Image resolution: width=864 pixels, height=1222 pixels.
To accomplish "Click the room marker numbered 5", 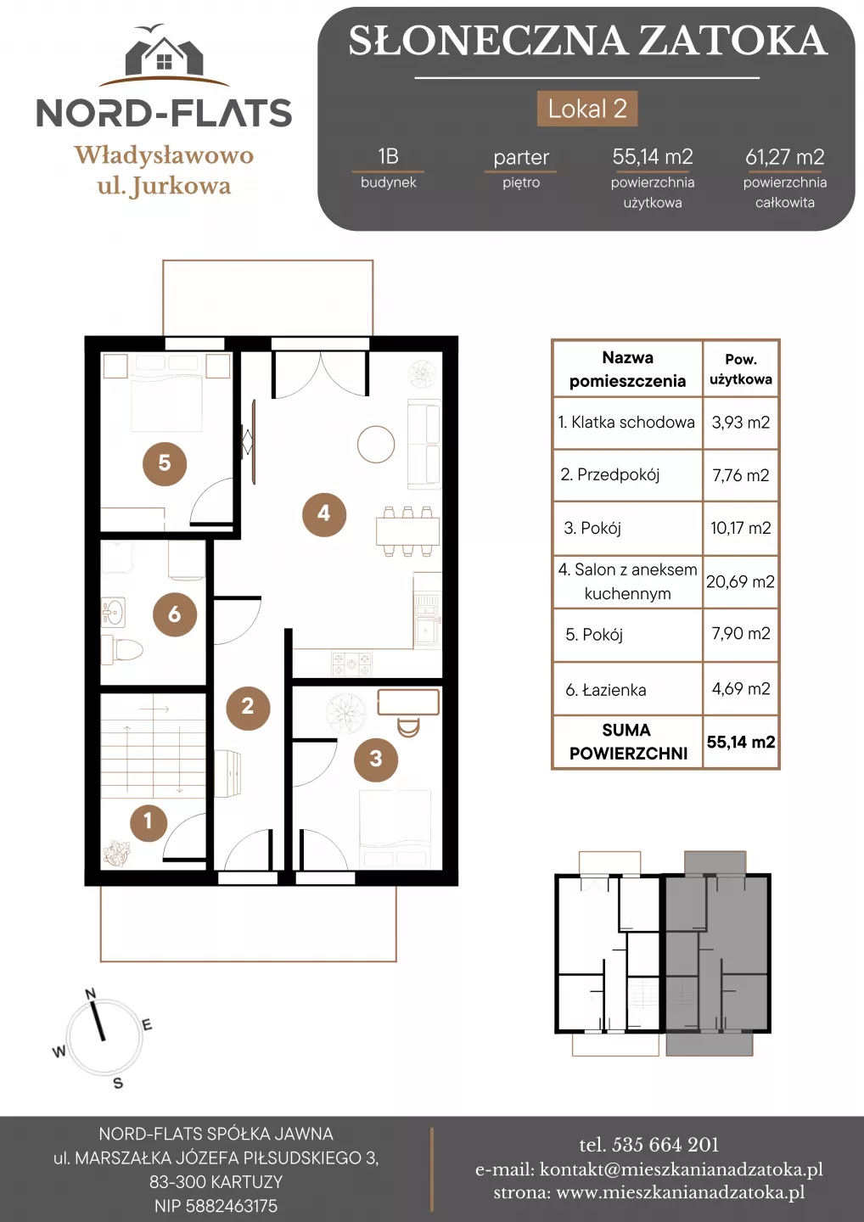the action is pyautogui.click(x=164, y=463).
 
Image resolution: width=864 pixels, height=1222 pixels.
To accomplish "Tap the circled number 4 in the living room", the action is pyautogui.click(x=324, y=514).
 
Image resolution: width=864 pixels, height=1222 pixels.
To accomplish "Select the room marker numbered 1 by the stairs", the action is pyautogui.click(x=149, y=822).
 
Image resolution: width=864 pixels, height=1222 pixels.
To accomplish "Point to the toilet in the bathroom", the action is pyautogui.click(x=122, y=650).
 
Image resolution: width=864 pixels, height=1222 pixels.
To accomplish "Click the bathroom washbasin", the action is pyautogui.click(x=113, y=611).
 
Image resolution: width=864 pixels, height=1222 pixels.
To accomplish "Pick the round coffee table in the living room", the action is pyautogui.click(x=376, y=444).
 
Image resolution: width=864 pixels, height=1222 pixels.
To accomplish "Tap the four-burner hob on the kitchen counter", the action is pyautogui.click(x=352, y=664).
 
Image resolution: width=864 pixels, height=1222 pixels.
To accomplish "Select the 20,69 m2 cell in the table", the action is pyautogui.click(x=740, y=581).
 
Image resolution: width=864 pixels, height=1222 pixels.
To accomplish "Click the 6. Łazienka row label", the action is pyautogui.click(x=605, y=690).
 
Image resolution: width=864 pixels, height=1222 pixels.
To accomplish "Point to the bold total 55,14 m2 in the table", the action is pyautogui.click(x=741, y=742).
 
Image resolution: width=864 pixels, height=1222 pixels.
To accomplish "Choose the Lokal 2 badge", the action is pyautogui.click(x=587, y=109).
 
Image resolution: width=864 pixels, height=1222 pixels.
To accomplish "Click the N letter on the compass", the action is pyautogui.click(x=91, y=994).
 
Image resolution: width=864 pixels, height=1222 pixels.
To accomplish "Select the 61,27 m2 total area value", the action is pyautogui.click(x=784, y=157).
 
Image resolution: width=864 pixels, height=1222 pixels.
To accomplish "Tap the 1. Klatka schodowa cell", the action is pyautogui.click(x=626, y=423).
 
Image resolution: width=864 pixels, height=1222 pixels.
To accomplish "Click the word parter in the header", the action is pyautogui.click(x=521, y=158).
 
